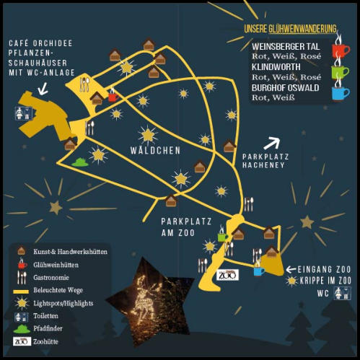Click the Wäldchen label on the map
[155, 150]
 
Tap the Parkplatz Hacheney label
[265, 161]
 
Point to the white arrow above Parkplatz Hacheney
[272, 143]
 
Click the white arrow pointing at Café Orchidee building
[43, 88]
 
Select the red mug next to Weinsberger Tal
[341, 50]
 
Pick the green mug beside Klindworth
[341, 71]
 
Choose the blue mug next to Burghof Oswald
[341, 93]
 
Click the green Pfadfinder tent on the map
[80, 162]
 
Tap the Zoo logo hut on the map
[227, 275]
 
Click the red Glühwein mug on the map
[113, 97]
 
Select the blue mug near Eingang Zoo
[259, 271]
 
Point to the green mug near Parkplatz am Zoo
[223, 237]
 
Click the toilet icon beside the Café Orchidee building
[24, 113]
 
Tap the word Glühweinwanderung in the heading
[302, 29]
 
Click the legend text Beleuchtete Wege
[58, 290]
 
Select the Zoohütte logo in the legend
[22, 341]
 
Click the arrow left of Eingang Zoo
[291, 269]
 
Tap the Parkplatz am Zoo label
[186, 227]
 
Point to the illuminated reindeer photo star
[149, 301]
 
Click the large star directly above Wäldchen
[148, 135]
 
